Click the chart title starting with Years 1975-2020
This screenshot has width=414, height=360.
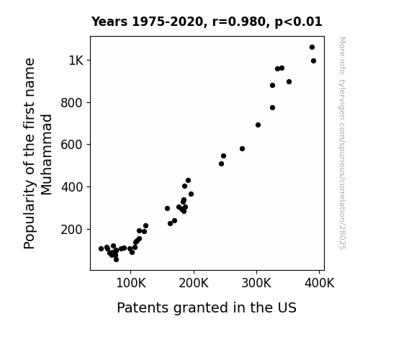[207, 22]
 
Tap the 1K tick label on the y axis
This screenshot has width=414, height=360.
[76, 60]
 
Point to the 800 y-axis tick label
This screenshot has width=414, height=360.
[72, 103]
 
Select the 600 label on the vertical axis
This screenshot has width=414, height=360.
[72, 145]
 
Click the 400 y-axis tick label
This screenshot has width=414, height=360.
[72, 187]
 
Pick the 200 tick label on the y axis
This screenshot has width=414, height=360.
[72, 230]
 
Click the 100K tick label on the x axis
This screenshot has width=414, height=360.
[131, 284]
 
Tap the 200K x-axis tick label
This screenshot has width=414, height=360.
[194, 284]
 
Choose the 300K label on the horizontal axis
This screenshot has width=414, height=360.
[256, 284]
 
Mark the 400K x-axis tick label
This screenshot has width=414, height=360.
[320, 284]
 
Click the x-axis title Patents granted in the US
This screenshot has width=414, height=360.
[207, 307]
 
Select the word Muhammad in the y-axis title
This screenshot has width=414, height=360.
[47, 155]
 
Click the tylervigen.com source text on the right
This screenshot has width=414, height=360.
[342, 143]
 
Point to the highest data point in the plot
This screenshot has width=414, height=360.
[312, 48]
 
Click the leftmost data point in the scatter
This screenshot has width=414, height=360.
[101, 249]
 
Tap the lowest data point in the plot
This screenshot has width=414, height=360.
[116, 260]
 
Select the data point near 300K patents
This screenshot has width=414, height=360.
[258, 125]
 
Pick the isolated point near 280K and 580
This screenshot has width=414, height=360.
[243, 149]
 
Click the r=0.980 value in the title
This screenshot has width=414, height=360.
[239, 22]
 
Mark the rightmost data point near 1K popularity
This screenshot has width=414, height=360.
[313, 61]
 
